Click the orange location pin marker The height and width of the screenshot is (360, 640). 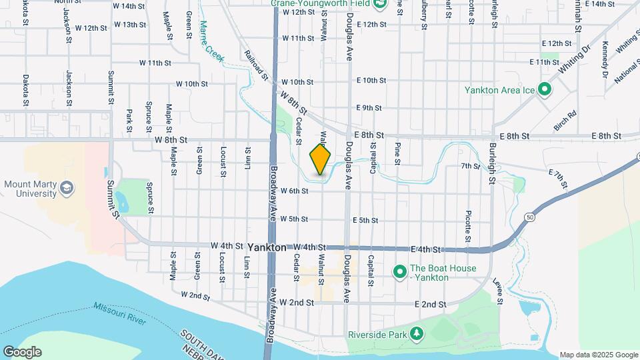pyautogui.click(x=320, y=159)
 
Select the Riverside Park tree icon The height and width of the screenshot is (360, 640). pyautogui.click(x=417, y=332)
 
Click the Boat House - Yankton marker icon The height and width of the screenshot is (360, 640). pyautogui.click(x=399, y=273)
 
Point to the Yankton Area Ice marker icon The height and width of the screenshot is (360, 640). pyautogui.click(x=544, y=89)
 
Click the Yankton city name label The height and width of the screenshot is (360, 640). pyautogui.click(x=267, y=247)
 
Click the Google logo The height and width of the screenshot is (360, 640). pyautogui.click(x=22, y=352)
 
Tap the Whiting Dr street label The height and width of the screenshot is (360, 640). pyautogui.click(x=575, y=59)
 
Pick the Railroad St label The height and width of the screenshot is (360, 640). pyautogui.click(x=257, y=65)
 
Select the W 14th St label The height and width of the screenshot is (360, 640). pyautogui.click(x=129, y=6)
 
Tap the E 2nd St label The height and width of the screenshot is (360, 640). pyautogui.click(x=430, y=304)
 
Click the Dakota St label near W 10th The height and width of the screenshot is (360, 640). pyautogui.click(x=25, y=90)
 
